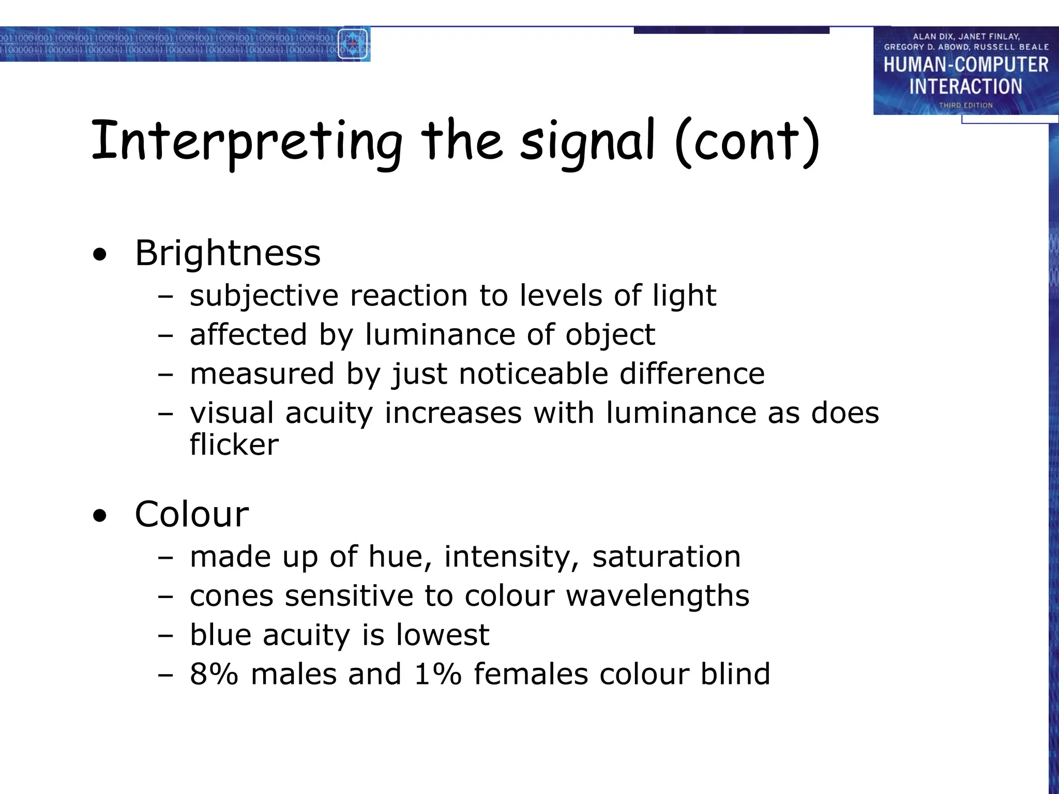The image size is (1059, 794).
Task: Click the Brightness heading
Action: click(x=228, y=253)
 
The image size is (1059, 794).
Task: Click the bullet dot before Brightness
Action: click(x=100, y=255)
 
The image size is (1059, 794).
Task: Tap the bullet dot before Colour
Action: click(x=100, y=516)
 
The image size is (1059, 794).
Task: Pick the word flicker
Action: click(x=234, y=445)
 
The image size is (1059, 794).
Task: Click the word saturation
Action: click(x=666, y=557)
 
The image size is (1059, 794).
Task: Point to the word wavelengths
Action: click(x=657, y=596)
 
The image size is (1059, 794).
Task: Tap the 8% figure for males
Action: click(x=214, y=674)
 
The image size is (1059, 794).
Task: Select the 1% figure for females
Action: click(x=437, y=674)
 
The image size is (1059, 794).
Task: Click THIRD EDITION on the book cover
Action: click(x=966, y=105)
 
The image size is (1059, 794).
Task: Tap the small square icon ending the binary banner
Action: click(x=353, y=44)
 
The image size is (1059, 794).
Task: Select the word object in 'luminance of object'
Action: click(x=610, y=335)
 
